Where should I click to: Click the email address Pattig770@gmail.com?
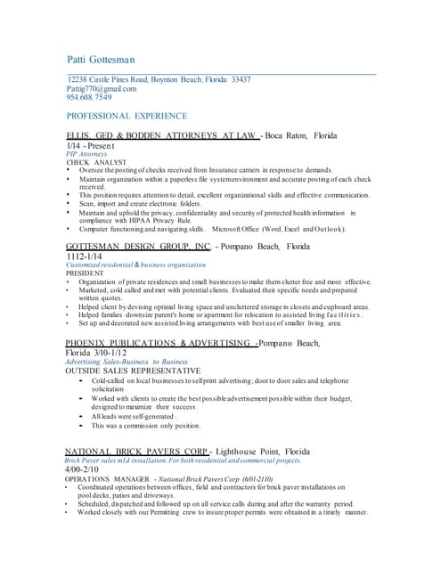tap(102, 89)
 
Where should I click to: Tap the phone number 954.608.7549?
tap(89, 98)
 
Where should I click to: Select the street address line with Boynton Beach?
tap(159, 80)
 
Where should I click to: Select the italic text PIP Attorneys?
tap(87, 154)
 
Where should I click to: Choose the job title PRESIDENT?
tap(86, 273)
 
